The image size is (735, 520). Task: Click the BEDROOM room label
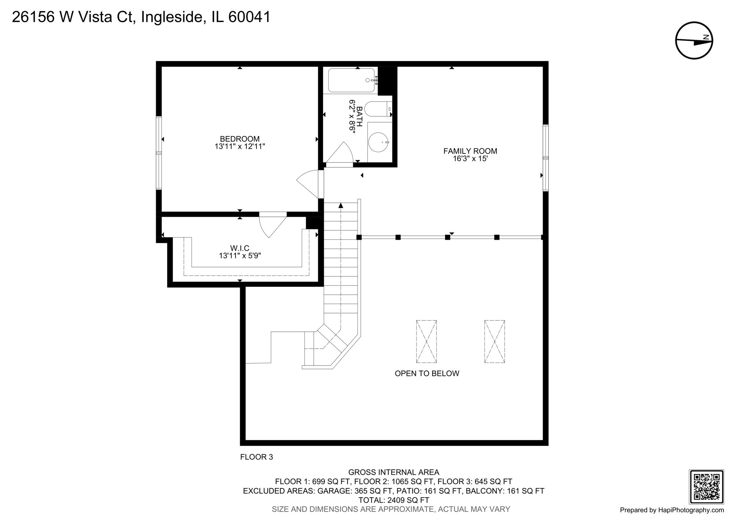tap(239, 139)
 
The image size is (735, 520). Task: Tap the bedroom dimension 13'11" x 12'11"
tap(239, 147)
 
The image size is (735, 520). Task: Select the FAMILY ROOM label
tap(470, 151)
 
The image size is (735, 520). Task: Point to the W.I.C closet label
tap(239, 248)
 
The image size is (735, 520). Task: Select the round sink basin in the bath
tap(379, 142)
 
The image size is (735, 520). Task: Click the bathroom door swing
tap(340, 153)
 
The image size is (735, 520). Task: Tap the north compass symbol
tap(694, 41)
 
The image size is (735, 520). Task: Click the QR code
tap(706, 487)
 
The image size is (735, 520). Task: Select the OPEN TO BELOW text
tap(427, 373)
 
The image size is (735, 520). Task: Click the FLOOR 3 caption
tap(256, 457)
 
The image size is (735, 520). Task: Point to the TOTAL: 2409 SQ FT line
tap(394, 500)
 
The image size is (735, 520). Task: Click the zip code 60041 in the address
tap(249, 17)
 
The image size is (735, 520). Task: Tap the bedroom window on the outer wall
tap(159, 153)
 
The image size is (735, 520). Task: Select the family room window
tap(546, 158)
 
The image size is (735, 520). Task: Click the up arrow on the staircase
tap(341, 205)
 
